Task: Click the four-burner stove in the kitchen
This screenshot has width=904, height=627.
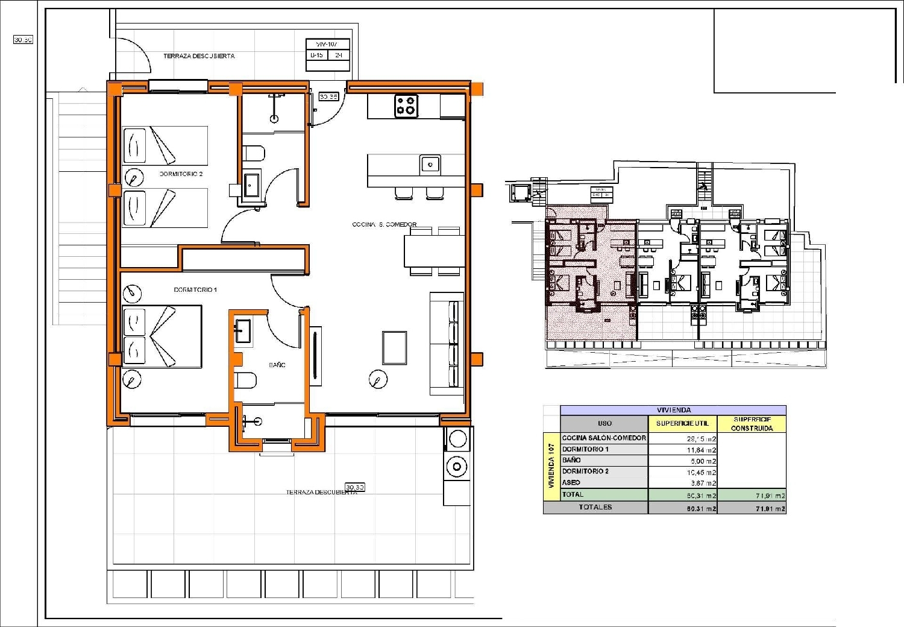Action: click(x=406, y=106)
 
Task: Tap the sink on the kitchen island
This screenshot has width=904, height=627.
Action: click(x=430, y=163)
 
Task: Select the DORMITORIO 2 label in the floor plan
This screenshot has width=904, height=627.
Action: click(x=181, y=174)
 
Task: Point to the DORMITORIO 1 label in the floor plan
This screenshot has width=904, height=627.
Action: click(x=195, y=290)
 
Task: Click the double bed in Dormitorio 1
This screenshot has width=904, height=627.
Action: click(x=162, y=336)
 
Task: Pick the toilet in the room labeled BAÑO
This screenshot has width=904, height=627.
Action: click(x=246, y=380)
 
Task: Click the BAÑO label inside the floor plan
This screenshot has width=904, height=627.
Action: click(x=277, y=365)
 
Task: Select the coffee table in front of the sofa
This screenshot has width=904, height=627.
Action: click(x=394, y=347)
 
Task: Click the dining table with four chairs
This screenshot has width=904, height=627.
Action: click(x=434, y=251)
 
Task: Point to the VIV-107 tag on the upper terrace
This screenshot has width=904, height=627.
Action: click(x=328, y=45)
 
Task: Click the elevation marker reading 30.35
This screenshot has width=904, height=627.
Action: click(x=328, y=96)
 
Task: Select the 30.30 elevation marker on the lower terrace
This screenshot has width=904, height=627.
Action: click(x=354, y=487)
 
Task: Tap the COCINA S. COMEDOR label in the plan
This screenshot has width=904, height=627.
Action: click(x=384, y=224)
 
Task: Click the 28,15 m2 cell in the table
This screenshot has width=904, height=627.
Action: click(x=701, y=439)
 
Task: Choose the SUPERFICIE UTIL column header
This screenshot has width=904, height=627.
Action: click(x=682, y=423)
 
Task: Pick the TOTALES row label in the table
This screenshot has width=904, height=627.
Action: click(x=595, y=508)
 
